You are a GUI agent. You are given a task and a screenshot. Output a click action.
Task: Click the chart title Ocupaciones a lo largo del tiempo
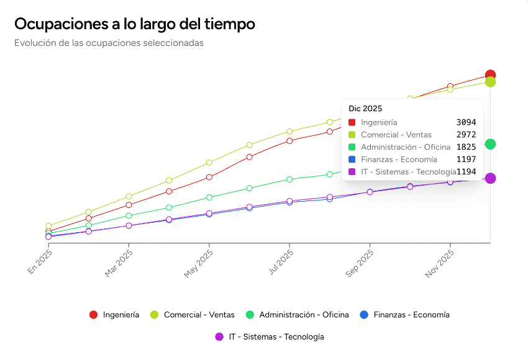[134, 24]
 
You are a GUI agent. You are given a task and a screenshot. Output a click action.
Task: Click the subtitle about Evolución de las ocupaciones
[109, 43]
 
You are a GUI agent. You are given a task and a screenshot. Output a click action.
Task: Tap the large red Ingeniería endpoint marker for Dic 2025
[490, 75]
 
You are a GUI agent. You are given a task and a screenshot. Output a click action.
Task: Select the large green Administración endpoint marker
[490, 144]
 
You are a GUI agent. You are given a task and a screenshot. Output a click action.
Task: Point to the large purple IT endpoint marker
[490, 178]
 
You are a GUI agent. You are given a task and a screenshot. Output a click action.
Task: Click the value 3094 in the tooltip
[466, 122]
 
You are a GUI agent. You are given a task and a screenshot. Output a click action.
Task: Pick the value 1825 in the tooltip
[466, 147]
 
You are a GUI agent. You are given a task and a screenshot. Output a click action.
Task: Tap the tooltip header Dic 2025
[365, 109]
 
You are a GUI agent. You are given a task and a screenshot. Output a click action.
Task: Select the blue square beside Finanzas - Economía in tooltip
[352, 160]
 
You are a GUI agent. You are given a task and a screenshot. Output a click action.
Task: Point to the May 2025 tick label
[199, 264]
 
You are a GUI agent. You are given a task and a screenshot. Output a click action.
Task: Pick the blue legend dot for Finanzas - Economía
[365, 315]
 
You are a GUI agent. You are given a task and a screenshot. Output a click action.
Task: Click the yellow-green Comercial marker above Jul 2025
[289, 132]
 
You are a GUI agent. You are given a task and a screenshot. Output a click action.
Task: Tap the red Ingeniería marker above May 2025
[209, 177]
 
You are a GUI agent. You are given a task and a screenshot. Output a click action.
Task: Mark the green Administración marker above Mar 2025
[129, 215]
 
